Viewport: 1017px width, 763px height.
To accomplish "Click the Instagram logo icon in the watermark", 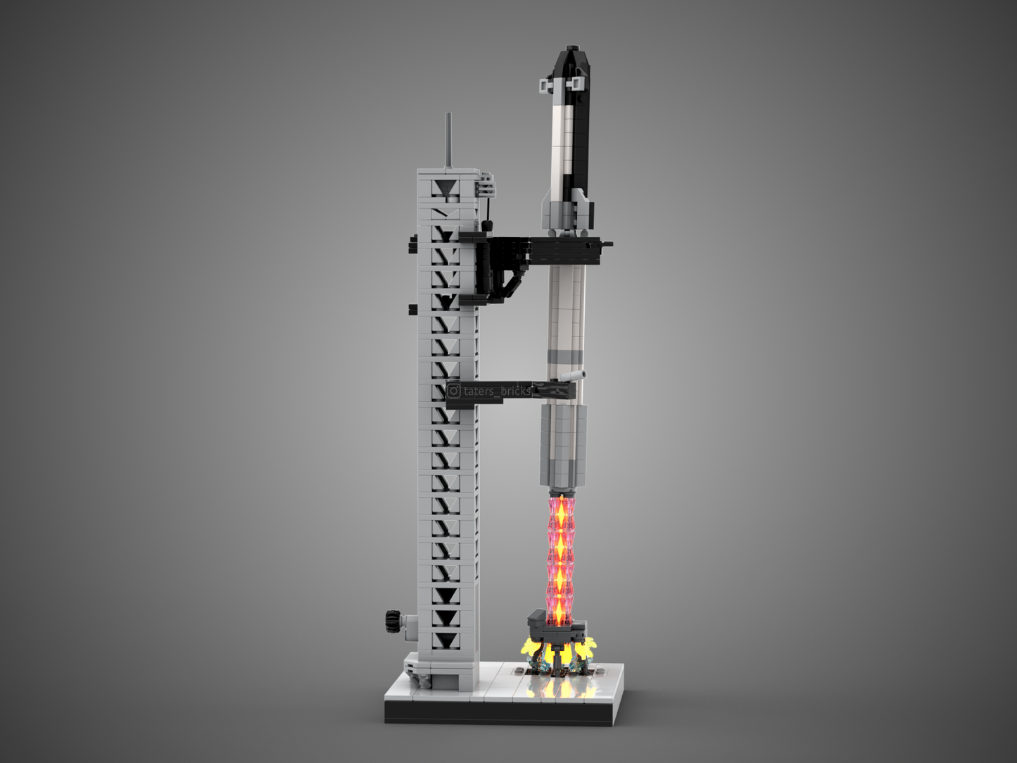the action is (454, 391).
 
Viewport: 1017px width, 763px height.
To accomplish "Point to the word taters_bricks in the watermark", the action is (497, 391).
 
